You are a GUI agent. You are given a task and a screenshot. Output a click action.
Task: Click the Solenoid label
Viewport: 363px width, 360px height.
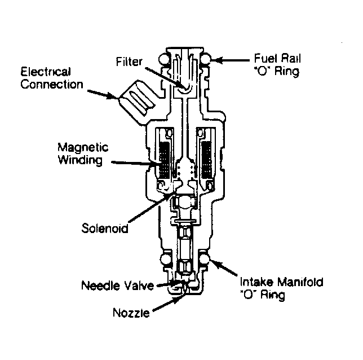[x=104, y=229]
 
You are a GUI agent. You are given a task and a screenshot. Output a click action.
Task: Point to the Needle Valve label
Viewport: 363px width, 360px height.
[x=118, y=286]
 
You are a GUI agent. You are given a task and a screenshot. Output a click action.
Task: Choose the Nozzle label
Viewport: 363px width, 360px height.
[x=131, y=312]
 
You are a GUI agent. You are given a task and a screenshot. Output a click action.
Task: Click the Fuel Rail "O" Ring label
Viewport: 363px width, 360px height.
[x=275, y=65]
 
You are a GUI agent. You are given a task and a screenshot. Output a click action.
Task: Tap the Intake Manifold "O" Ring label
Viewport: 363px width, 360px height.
[x=282, y=288]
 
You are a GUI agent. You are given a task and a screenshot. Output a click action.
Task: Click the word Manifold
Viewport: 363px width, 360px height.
[x=302, y=282]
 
